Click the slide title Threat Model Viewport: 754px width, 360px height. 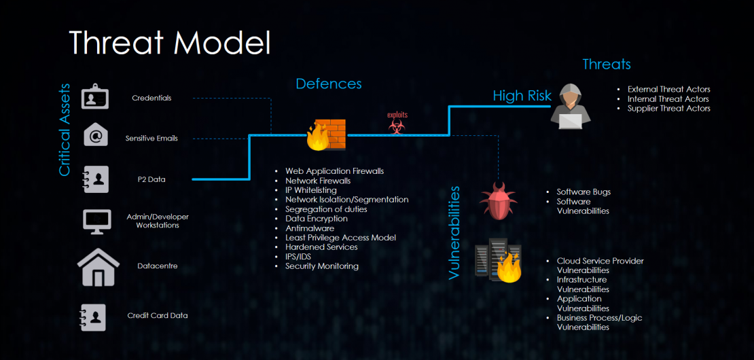point(170,43)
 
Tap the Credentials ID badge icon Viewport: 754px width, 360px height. point(95,97)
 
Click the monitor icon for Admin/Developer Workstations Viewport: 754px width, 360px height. point(96,221)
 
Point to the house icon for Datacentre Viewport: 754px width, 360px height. point(98,267)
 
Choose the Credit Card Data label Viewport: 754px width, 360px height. point(157,316)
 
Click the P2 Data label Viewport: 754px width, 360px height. point(152,180)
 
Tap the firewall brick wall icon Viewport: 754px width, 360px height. point(327,134)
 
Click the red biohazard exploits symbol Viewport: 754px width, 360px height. point(397,126)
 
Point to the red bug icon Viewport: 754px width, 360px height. point(498,201)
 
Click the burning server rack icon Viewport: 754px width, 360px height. point(499,261)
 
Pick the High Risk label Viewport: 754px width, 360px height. point(522,96)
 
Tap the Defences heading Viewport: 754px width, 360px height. point(329,84)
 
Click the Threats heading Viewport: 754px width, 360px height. point(607,64)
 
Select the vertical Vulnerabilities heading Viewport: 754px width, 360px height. point(454,232)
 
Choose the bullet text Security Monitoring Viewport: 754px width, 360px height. point(322,266)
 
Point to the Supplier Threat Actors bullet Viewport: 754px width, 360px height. point(669,109)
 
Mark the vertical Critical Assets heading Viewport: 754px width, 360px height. point(65,130)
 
